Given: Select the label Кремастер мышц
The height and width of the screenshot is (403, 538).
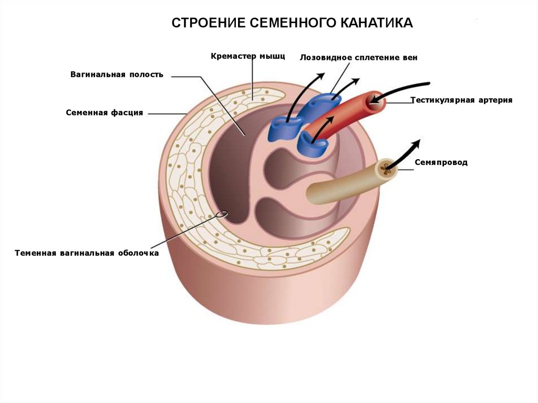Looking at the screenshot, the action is click(x=248, y=55).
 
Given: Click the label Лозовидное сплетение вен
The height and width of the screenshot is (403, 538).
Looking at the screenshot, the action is click(x=358, y=57).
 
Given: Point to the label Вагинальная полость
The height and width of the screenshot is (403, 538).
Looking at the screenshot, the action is click(x=117, y=75).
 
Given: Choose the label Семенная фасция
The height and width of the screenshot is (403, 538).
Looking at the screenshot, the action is click(x=105, y=112).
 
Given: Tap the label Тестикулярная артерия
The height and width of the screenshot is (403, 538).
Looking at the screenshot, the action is click(x=461, y=100).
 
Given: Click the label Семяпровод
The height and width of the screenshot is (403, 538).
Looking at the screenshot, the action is click(x=440, y=162).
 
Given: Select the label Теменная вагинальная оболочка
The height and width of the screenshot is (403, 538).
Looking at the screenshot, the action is click(x=87, y=253).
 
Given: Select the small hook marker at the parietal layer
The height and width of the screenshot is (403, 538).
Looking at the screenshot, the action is click(x=224, y=214).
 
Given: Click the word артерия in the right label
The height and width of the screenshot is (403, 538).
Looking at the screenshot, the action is click(x=494, y=100).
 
